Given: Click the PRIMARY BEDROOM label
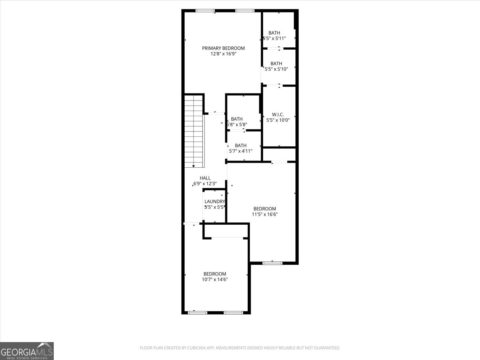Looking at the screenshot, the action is (223, 48).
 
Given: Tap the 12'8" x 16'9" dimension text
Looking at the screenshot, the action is (223, 54).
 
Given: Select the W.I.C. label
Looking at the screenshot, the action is (278, 115).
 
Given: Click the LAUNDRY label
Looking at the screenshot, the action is (215, 202).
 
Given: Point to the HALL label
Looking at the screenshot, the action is (205, 178).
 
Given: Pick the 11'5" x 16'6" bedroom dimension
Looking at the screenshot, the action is (265, 214).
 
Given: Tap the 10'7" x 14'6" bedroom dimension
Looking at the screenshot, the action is (215, 279).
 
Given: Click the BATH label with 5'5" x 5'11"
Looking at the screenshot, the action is (274, 33).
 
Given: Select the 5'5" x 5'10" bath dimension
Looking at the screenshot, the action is (276, 69).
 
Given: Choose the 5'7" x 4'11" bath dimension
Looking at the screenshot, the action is (241, 151).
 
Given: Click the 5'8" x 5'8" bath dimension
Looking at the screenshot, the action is (237, 124).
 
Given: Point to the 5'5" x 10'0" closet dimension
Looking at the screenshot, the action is (278, 120).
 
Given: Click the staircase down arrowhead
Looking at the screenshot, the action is (193, 166).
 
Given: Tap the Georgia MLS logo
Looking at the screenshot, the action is (27, 351).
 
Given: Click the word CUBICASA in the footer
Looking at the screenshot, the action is (196, 348).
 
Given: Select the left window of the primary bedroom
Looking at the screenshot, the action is (205, 11).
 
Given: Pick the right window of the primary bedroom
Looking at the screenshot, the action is (245, 11).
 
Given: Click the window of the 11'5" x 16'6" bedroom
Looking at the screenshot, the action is (272, 263).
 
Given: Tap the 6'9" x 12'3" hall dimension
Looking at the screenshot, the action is (205, 184).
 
